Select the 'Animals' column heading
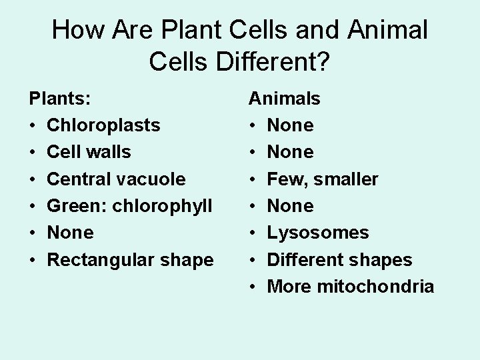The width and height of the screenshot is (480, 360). point(284,99)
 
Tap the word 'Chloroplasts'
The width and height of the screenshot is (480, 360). point(103,125)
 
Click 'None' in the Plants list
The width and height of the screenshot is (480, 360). point(70,233)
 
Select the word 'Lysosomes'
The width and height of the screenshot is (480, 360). point(317,233)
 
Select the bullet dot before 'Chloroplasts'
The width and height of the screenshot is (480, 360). point(33,126)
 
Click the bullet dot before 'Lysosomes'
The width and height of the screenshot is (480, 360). point(253,233)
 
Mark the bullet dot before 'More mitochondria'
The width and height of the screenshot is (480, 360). point(253,287)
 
